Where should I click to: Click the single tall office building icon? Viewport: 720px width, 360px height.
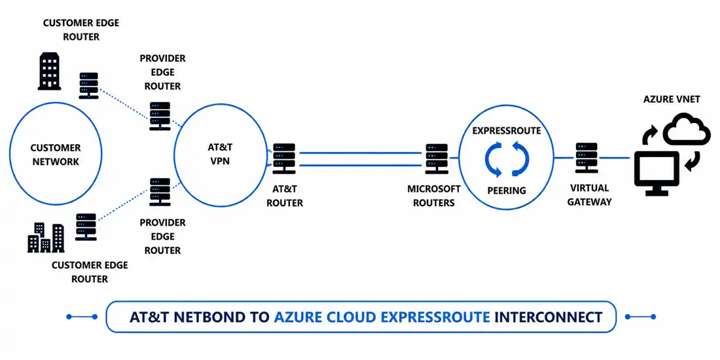(50, 71)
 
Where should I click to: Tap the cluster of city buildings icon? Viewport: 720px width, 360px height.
(46, 238)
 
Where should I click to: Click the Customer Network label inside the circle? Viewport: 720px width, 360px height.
(56, 154)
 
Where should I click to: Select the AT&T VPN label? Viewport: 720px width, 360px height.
(219, 154)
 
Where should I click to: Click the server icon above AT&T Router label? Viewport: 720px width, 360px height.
(284, 158)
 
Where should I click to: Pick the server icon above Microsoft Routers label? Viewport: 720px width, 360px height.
(437, 158)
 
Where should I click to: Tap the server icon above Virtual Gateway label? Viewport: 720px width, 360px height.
(587, 158)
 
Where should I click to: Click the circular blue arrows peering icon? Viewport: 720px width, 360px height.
(507, 159)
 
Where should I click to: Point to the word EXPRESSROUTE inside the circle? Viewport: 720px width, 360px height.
(507, 131)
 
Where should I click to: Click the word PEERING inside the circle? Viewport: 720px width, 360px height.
(507, 190)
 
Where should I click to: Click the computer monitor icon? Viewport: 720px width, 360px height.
(657, 173)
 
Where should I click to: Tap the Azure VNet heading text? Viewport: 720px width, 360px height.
(672, 99)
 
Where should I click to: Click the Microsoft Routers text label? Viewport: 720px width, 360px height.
(434, 196)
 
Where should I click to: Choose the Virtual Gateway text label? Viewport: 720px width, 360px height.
(590, 194)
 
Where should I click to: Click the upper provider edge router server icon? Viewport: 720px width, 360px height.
(160, 116)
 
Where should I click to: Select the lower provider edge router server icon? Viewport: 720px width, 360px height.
(160, 192)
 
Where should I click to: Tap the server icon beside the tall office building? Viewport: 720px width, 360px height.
(88, 85)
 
